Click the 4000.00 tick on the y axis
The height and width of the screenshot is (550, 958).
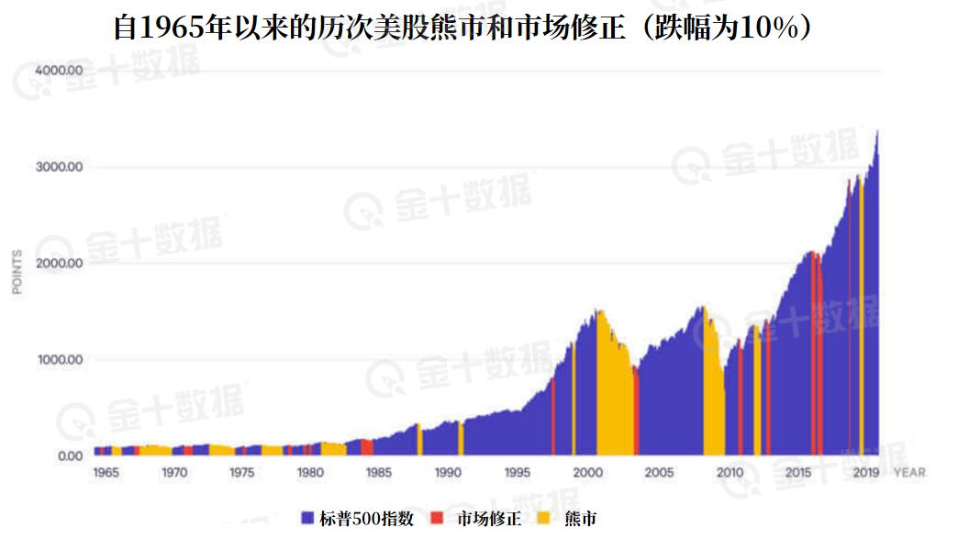(61, 71)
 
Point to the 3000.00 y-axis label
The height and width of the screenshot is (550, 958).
(61, 167)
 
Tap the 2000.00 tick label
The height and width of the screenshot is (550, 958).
(61, 264)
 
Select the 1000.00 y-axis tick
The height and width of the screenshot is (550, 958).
(61, 360)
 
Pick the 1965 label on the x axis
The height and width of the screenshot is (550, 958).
(106, 473)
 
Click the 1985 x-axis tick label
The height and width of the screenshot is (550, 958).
(378, 473)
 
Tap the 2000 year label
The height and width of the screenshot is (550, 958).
(585, 473)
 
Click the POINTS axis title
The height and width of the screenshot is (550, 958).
(17, 271)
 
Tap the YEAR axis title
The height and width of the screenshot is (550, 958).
(909, 473)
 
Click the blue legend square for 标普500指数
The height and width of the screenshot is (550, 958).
(308, 519)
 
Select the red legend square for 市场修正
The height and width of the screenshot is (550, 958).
(437, 519)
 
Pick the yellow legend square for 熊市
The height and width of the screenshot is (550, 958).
(543, 519)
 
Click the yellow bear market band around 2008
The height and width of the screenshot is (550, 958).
(712, 386)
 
